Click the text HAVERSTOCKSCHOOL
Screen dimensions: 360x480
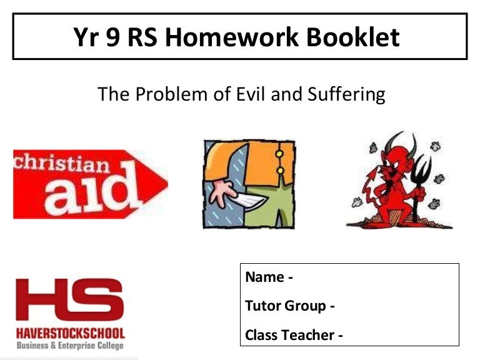pos(71,332)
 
